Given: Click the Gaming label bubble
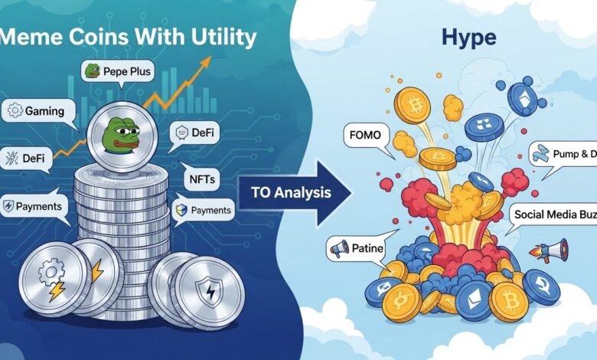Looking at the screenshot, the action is tap(38, 111).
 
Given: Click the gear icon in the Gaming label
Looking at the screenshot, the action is tap(15, 111).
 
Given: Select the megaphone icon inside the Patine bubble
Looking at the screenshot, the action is tap(337, 247).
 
